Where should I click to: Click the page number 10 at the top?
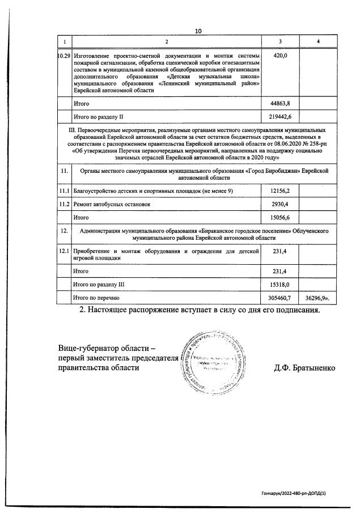point(198,31)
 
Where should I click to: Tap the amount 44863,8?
point(281,104)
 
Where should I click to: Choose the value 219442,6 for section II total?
point(281,117)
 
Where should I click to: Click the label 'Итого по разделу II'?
point(98,117)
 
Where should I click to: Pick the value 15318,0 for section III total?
point(281,284)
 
